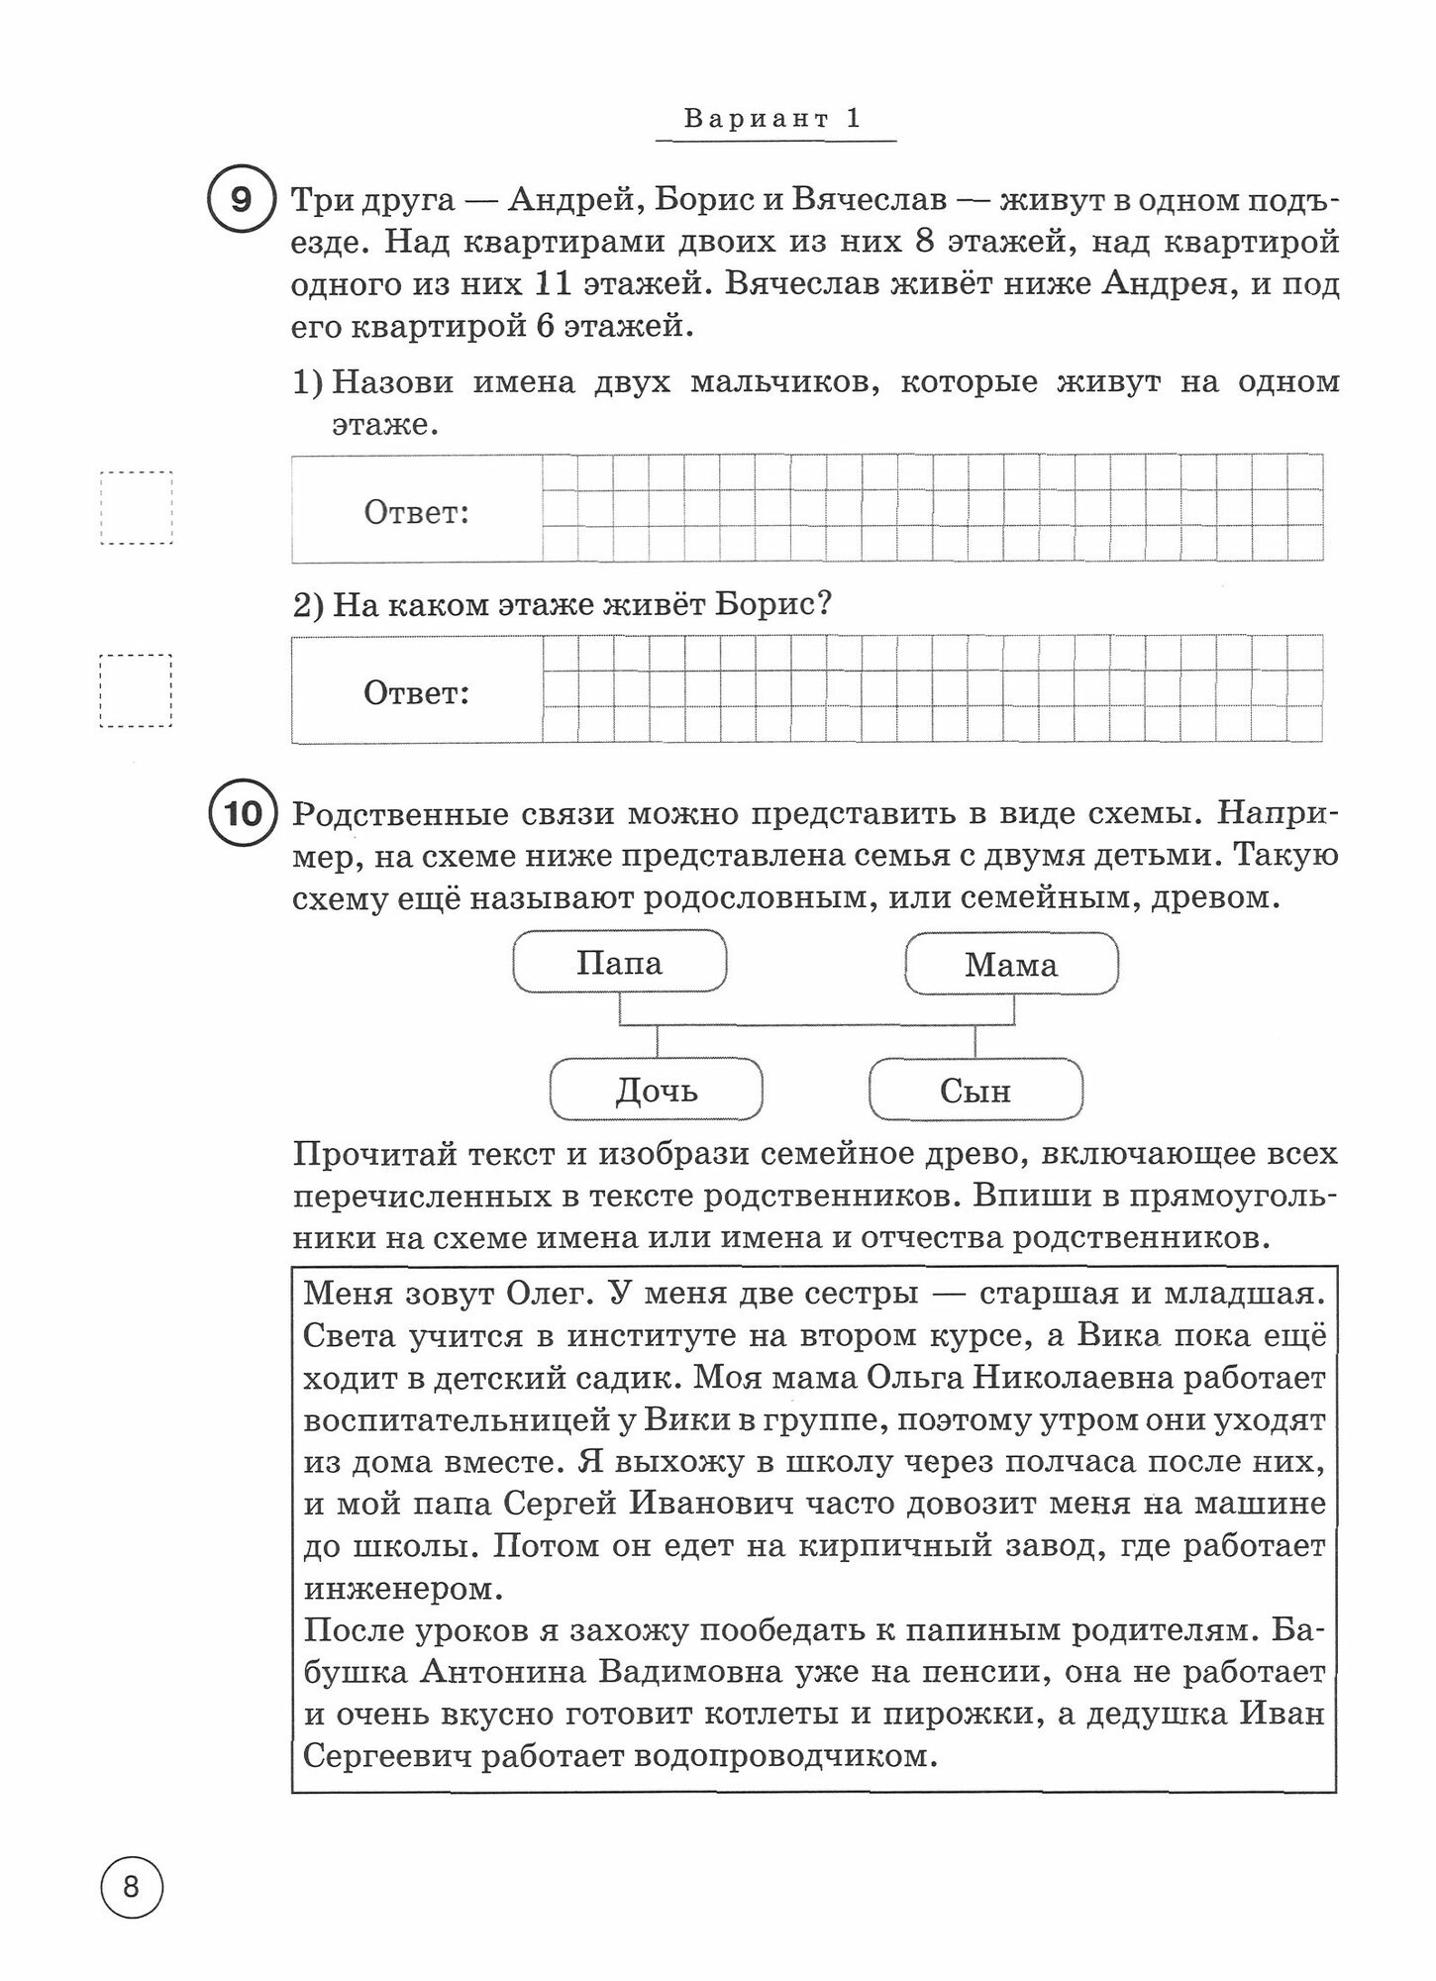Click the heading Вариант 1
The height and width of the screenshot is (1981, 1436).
773,120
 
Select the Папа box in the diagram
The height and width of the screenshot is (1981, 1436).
620,964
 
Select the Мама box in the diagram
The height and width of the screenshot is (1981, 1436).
1011,965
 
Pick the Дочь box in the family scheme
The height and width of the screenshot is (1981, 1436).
657,1091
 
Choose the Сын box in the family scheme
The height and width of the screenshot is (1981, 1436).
975,1091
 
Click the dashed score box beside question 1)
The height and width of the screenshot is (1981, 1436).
137,507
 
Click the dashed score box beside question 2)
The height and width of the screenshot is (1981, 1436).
137,690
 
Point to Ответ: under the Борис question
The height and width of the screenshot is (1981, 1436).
416,692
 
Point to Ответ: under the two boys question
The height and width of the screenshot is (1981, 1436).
416,513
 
